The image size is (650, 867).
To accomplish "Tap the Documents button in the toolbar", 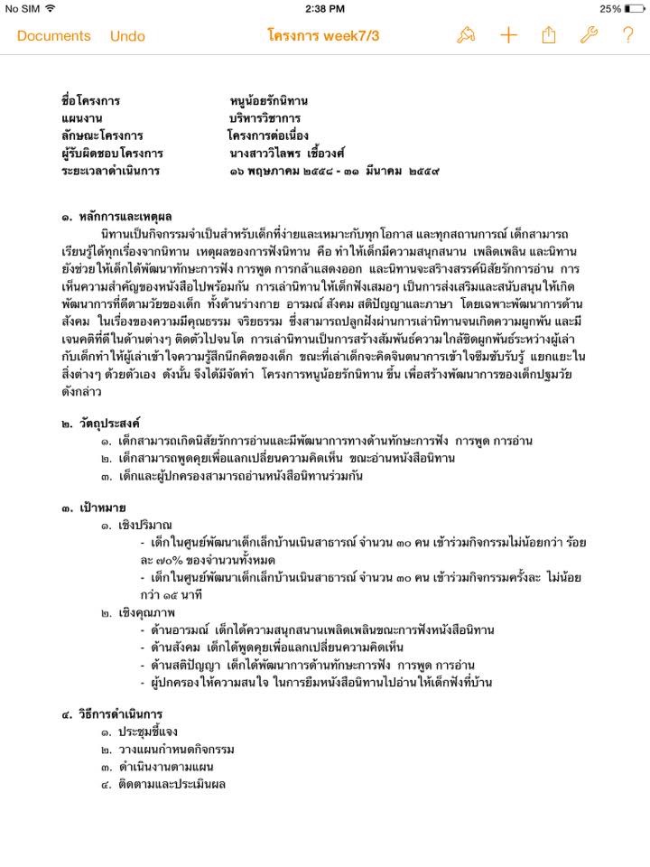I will tap(54, 36).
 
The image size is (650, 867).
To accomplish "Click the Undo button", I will tap(127, 36).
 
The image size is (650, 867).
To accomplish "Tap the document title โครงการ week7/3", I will tap(323, 36).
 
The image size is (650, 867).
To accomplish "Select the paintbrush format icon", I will tap(467, 35).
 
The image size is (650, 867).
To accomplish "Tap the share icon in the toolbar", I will tap(549, 35).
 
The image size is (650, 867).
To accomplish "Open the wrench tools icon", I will tap(589, 35).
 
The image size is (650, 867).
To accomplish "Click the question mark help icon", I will tap(628, 35).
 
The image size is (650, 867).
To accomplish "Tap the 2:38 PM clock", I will tap(325, 9).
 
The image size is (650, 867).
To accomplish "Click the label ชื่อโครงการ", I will tap(90, 101).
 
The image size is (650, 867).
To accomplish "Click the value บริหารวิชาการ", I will tap(265, 118).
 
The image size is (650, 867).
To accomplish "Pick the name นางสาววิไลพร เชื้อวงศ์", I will tap(287, 154).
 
